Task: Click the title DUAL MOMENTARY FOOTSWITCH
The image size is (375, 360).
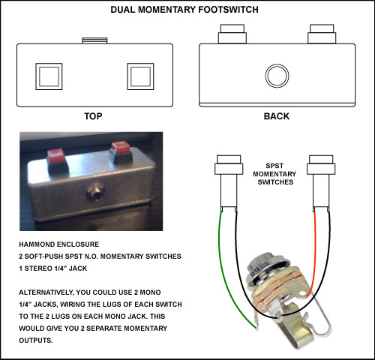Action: pos(184,10)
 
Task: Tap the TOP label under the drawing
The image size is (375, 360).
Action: pos(93,116)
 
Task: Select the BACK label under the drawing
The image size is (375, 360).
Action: pos(277,116)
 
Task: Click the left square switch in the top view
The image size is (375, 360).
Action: pos(49,76)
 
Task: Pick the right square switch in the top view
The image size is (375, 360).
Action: pos(140,76)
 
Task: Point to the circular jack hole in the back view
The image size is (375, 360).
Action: pos(277,76)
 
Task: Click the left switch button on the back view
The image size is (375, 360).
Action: pos(232,34)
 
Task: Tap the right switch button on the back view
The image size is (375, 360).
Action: pos(322,34)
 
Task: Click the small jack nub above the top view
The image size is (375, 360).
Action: pos(94,40)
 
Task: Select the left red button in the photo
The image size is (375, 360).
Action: pos(56,157)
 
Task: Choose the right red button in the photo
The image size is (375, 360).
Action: pos(121,148)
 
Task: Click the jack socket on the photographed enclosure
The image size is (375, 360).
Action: pos(95,193)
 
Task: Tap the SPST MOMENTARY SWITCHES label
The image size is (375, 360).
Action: pos(274,174)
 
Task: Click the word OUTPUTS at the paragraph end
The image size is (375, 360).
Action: pos(36,340)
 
